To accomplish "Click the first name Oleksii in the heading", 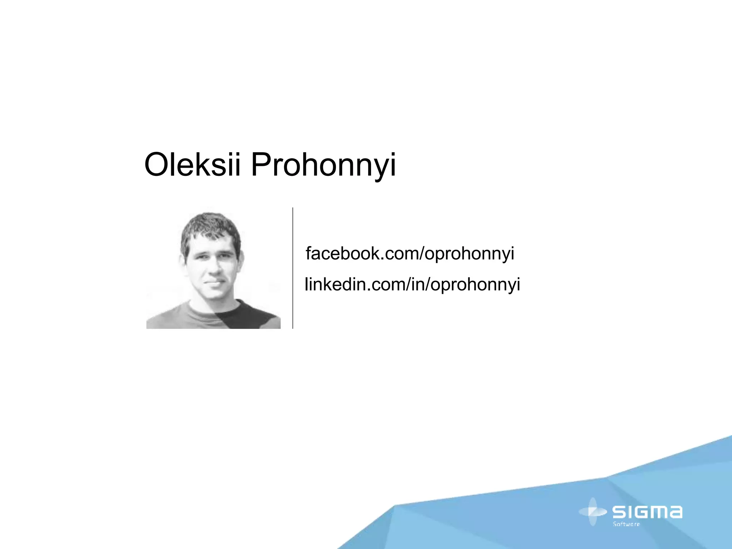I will (192, 165).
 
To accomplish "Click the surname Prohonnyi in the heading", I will (323, 165).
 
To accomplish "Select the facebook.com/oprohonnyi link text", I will (410, 253).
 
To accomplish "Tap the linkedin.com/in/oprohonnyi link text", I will (412, 285).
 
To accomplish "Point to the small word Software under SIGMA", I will (626, 524).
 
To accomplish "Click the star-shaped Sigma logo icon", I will (592, 512).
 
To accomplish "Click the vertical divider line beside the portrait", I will (293, 268).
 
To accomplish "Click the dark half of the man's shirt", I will (247, 316).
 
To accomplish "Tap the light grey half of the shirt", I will (186, 316).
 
